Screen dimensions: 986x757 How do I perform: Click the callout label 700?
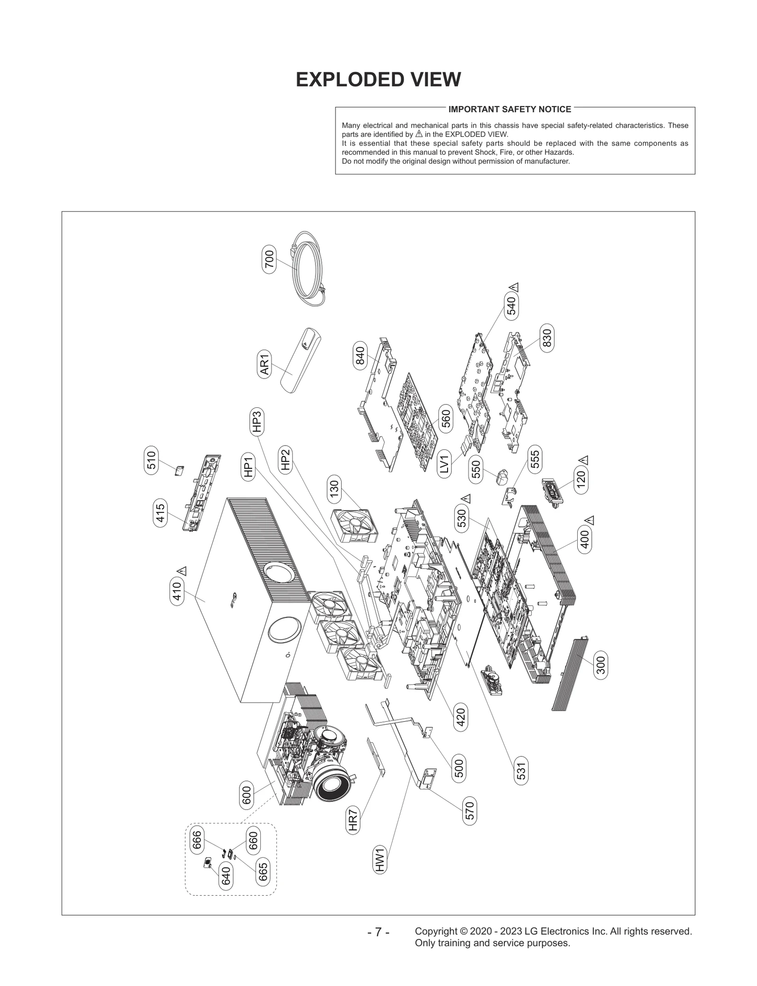pyautogui.click(x=269, y=259)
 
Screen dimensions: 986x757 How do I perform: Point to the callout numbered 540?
pyautogui.click(x=511, y=305)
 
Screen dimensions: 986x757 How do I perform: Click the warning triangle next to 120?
pyautogui.click(x=583, y=460)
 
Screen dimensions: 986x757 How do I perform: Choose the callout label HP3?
pyautogui.click(x=256, y=422)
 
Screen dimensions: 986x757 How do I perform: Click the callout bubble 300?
pyautogui.click(x=600, y=665)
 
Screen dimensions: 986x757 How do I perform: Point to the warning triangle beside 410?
pyautogui.click(x=183, y=571)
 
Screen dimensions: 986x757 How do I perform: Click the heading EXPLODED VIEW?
pyautogui.click(x=378, y=80)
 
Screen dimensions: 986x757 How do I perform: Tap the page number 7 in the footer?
pyautogui.click(x=378, y=933)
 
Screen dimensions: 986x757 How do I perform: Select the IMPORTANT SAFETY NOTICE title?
pyautogui.click(x=510, y=109)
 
